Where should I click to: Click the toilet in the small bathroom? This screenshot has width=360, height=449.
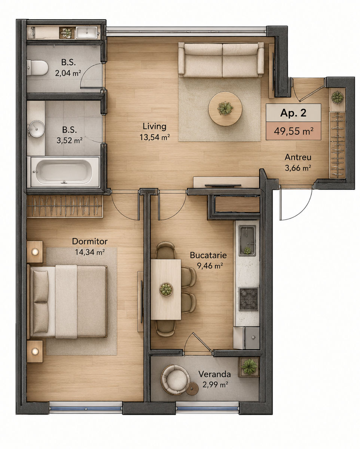pyautogui.click(x=37, y=68)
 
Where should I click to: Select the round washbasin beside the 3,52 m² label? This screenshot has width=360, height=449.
pyautogui.click(x=36, y=129)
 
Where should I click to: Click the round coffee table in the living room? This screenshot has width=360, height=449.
pyautogui.click(x=225, y=109)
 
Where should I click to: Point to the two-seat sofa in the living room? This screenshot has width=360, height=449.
pyautogui.click(x=221, y=59)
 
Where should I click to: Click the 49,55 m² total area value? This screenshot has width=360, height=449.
pyautogui.click(x=293, y=131)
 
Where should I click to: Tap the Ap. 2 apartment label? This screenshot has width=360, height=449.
pyautogui.click(x=293, y=113)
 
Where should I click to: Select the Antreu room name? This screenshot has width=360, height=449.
pyautogui.click(x=298, y=157)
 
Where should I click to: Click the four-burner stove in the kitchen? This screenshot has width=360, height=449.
pyautogui.click(x=248, y=299)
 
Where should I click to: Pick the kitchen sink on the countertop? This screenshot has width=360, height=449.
pyautogui.click(x=248, y=241)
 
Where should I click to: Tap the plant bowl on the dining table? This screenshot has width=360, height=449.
pyautogui.click(x=166, y=289)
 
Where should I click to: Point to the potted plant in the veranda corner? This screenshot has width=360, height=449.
pyautogui.click(x=249, y=367)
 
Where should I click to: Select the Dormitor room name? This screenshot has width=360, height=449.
pyautogui.click(x=90, y=241)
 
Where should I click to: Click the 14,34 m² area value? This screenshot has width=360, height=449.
pyautogui.click(x=90, y=252)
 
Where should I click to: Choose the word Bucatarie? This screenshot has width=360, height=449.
pyautogui.click(x=208, y=255)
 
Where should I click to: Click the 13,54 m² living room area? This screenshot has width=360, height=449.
pyautogui.click(x=155, y=137)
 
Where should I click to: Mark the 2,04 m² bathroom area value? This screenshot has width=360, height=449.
pyautogui.click(x=68, y=73)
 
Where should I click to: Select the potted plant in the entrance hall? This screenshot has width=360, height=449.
pyautogui.click(x=337, y=97)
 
